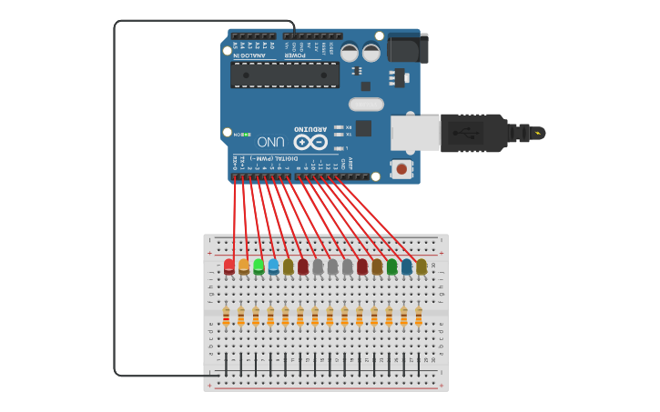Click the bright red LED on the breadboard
(229, 266)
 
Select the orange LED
(244, 266)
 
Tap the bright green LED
(259, 266)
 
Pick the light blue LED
(273, 266)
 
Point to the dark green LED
(391, 266)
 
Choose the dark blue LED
(406, 266)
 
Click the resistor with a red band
(226, 316)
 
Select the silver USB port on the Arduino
(415, 133)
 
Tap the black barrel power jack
(406, 47)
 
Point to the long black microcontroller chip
(285, 75)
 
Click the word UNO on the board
(271, 142)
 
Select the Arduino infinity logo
(310, 142)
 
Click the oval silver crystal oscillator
(366, 104)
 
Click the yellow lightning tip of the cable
(540, 134)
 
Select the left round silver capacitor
(350, 53)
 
